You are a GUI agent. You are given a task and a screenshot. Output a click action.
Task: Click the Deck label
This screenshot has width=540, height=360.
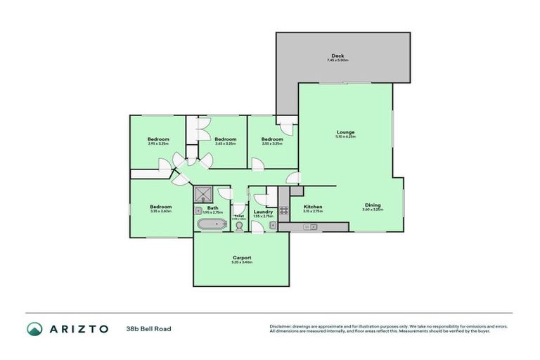point(337,56)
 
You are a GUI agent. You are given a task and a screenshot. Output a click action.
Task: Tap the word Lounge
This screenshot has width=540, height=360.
point(345,131)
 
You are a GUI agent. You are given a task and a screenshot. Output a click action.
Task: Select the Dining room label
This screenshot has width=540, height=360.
point(372,205)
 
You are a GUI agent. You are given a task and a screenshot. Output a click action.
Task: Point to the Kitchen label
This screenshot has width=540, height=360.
point(313,207)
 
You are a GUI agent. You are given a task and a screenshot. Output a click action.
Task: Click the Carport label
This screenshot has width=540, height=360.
point(242,257)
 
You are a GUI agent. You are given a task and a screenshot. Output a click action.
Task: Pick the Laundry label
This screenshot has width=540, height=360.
point(263,211)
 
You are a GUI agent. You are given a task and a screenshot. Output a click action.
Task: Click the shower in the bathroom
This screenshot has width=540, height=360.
point(204,193)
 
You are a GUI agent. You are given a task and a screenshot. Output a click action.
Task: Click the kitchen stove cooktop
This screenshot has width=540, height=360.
point(284,210)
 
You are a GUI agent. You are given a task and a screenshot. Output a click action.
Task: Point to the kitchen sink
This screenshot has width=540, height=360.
point(309,226)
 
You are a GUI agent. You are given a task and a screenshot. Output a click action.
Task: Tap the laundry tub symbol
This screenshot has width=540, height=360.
point(272,225)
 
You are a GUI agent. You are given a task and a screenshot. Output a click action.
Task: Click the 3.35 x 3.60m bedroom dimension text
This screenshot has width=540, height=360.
point(160,211)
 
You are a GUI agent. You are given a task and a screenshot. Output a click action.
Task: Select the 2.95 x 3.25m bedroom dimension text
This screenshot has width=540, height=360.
point(158,143)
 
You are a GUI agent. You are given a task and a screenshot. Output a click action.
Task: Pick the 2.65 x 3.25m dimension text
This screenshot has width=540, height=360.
point(225,143)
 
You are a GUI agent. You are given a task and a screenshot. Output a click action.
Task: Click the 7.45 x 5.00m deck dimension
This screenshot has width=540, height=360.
point(337,60)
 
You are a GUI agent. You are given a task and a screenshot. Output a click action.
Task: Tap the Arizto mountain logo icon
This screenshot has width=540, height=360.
point(34,328)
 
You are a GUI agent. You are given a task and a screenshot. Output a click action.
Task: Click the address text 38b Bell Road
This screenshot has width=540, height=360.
point(148,328)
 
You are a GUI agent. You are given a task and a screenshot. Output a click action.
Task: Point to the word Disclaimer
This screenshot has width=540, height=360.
point(281,326)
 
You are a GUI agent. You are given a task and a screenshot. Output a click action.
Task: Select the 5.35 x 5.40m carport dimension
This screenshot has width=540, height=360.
point(242,262)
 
